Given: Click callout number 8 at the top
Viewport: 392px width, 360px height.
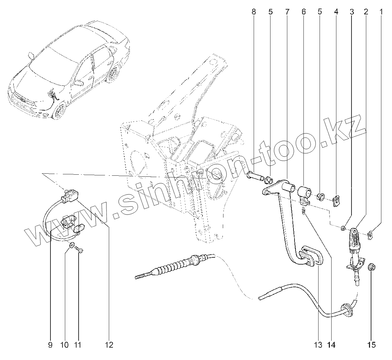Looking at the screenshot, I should [x=254, y=12].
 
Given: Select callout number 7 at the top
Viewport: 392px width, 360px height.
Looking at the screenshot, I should [x=287, y=12].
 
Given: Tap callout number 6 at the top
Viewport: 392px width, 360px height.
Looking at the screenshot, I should [x=303, y=12].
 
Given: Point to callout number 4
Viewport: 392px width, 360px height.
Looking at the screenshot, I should [x=336, y=12].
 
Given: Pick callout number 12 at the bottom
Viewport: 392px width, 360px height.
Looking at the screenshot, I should [x=109, y=345].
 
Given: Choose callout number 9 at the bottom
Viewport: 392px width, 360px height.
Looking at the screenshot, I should [x=50, y=345].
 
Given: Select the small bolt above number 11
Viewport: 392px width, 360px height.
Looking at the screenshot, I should [x=80, y=252].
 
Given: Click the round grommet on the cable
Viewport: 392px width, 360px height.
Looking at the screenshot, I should [x=346, y=309].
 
